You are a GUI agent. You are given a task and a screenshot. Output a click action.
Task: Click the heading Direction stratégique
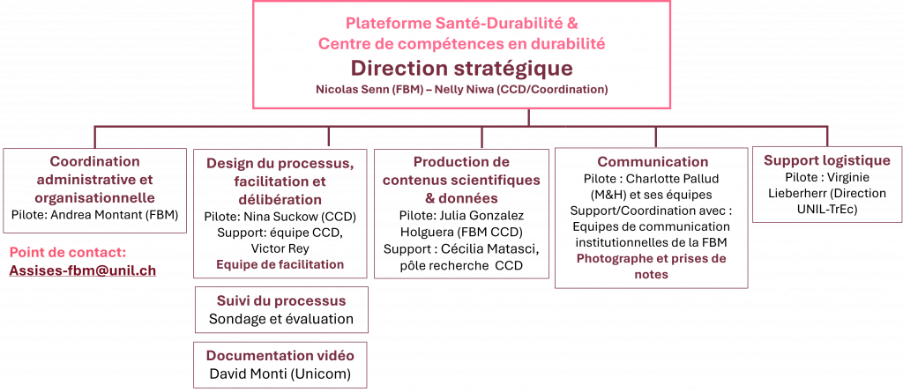[461, 69]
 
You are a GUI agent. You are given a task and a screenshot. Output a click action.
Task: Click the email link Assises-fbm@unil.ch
[82, 270]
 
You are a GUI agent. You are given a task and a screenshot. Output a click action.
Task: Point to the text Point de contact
[68, 253]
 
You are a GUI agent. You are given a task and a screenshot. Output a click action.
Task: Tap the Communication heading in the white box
[653, 162]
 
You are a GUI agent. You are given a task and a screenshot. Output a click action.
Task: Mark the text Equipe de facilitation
[280, 264]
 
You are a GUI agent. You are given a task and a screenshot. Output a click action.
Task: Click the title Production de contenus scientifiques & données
[461, 181]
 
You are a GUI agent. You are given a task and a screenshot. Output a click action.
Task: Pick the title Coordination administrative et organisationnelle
[94, 180]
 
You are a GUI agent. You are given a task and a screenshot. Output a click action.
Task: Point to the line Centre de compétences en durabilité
[461, 42]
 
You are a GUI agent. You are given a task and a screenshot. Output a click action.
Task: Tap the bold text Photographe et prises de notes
[652, 266]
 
